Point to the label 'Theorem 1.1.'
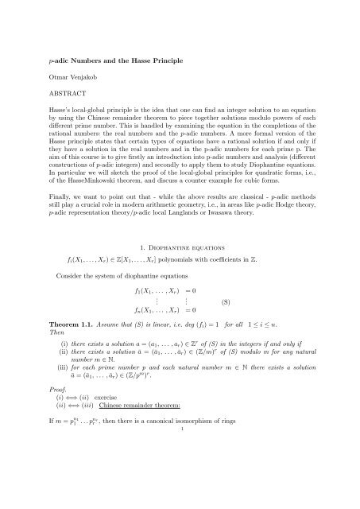click(x=68, y=349)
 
